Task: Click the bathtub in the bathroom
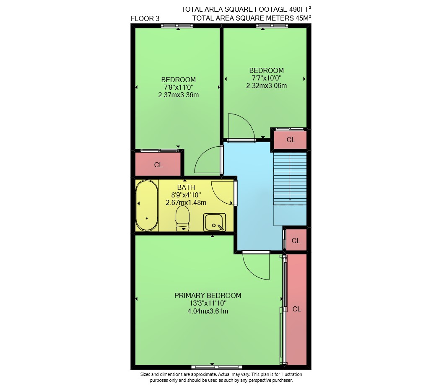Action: coord(147,205)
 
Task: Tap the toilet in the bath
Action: coord(183,218)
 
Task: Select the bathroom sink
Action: coord(214,222)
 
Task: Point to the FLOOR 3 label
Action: coord(145,18)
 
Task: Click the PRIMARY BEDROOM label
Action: coord(208,295)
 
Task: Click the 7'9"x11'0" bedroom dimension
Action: coord(179,87)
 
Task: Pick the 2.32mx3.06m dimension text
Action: coord(266,85)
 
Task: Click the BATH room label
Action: coord(186,187)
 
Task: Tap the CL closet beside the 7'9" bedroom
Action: coord(158,165)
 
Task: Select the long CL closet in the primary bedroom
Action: coord(296,309)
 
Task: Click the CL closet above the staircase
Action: coord(291,140)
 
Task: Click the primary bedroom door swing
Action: coord(256,266)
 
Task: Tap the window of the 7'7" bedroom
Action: coord(272,26)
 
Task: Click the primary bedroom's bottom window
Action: coord(217,368)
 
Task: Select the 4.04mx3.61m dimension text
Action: coord(208,311)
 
